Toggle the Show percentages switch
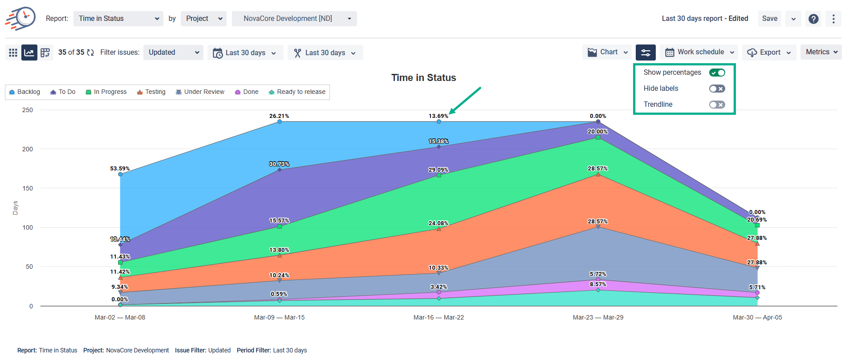click(717, 73)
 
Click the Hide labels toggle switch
click(717, 89)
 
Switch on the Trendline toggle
click(717, 105)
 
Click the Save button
click(769, 19)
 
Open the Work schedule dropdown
click(699, 52)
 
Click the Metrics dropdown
click(821, 52)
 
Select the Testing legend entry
click(151, 92)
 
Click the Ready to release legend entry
click(297, 92)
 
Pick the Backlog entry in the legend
click(25, 92)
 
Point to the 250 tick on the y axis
click(28, 110)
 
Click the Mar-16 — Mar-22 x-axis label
click(439, 317)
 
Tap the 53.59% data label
click(120, 169)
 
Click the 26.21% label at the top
click(279, 116)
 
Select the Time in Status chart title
click(423, 78)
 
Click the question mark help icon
click(813, 19)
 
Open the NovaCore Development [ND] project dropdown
click(294, 19)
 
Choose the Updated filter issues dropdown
click(173, 53)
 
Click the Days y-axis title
click(15, 208)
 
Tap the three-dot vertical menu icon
click(833, 19)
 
